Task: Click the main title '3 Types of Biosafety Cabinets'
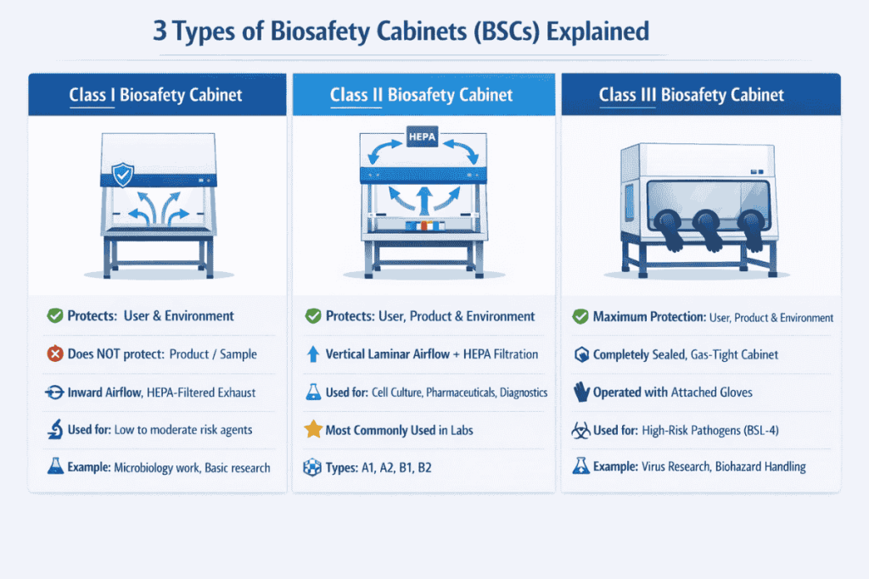point(401,32)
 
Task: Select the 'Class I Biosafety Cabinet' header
point(155,94)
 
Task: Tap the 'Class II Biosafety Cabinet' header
point(421,94)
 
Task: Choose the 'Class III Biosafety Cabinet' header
point(691,94)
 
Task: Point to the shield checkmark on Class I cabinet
point(124,175)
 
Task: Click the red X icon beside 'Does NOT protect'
point(54,354)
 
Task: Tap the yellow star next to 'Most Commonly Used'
point(311,430)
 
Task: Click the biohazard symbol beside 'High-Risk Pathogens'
point(580,430)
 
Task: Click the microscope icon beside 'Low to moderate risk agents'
point(54,430)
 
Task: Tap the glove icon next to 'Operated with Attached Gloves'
point(580,392)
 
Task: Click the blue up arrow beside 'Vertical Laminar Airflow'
point(311,354)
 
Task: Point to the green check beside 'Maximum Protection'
point(580,317)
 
